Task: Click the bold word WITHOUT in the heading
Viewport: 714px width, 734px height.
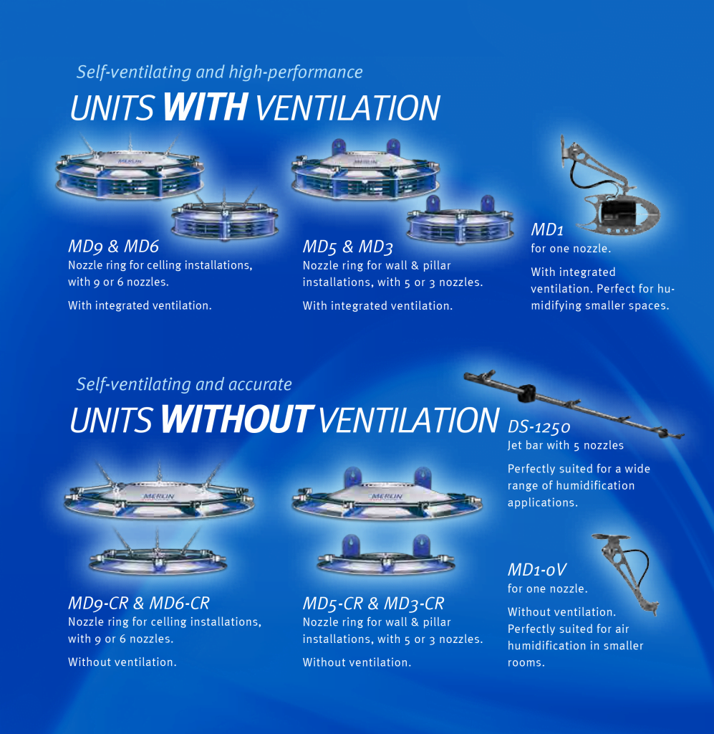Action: [236, 419]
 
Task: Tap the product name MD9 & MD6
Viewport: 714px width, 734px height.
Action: [113, 247]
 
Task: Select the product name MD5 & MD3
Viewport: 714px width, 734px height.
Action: [347, 247]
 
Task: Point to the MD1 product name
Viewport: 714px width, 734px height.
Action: [548, 230]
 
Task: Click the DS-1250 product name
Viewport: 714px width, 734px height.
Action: [539, 428]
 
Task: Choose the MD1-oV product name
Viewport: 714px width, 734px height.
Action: [537, 571]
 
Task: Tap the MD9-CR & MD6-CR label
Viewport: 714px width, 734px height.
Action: [138, 604]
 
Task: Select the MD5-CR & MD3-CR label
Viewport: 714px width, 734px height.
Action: [373, 604]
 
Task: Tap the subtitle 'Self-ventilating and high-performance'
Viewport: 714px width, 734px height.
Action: [219, 72]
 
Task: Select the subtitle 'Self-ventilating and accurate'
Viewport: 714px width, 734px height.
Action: [184, 384]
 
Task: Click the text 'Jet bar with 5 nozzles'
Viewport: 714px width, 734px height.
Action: [566, 446]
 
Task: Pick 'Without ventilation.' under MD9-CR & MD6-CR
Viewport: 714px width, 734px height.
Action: [122, 662]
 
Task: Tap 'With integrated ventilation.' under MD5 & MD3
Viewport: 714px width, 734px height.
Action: [377, 306]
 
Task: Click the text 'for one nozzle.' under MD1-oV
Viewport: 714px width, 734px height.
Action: [547, 589]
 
